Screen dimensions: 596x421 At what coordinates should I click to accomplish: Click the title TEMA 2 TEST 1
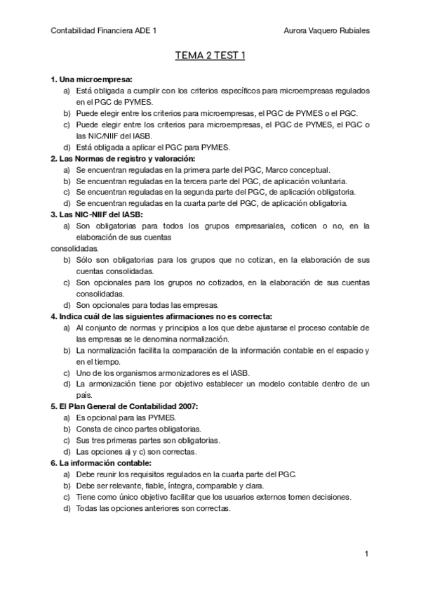point(210,56)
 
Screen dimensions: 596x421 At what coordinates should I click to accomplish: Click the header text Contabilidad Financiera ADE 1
point(105,31)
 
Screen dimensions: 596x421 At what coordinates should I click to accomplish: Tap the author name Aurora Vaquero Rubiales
point(326,31)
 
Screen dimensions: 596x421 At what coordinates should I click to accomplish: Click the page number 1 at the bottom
point(367,555)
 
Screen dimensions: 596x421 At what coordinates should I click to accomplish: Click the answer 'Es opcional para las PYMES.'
point(126,417)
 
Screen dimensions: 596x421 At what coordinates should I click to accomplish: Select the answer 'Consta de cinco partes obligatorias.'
point(138,429)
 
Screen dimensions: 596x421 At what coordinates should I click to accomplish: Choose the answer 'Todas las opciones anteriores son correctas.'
point(153,508)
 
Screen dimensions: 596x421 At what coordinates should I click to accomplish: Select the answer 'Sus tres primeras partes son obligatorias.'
point(148,440)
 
